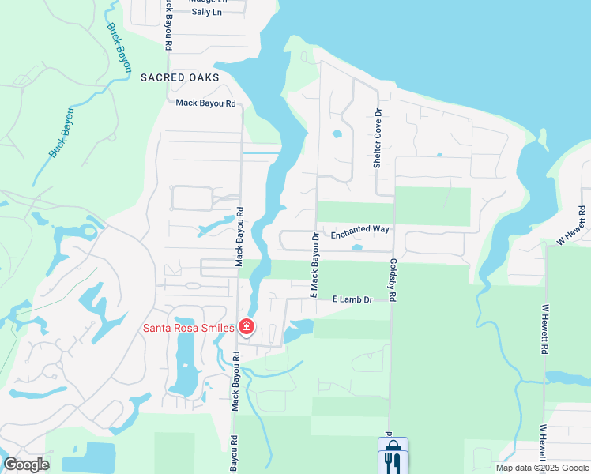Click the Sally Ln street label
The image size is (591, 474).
pos(207,13)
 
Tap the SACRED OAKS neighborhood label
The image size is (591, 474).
pos(179,77)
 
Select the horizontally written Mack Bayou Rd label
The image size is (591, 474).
pos(206,103)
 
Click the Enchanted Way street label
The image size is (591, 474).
pos(360,229)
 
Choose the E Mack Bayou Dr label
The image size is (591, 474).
pos(314,265)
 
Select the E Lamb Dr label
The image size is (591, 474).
pos(352,300)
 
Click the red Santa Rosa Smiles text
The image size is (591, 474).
pos(187,328)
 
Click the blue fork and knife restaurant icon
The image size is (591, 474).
pos(393,456)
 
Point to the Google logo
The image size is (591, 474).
pos(25,465)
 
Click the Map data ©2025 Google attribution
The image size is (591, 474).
pos(542,468)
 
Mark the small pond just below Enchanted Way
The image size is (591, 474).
pos(356,248)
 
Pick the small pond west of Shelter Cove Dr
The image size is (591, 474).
pos(337,134)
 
